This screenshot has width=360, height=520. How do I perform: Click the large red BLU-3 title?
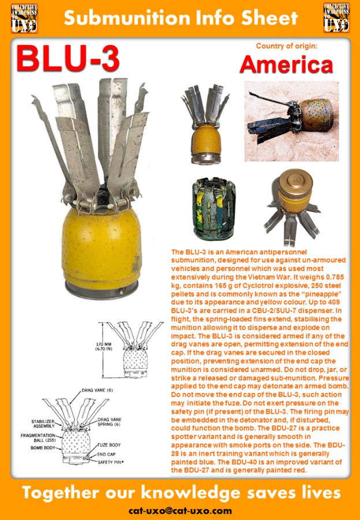click(x=68, y=60)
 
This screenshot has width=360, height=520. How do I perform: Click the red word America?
click(x=286, y=65)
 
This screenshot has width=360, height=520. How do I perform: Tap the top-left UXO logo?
click(x=24, y=17)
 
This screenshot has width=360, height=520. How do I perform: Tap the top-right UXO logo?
click(x=336, y=17)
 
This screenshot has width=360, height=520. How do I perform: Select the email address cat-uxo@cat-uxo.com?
click(x=180, y=511)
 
